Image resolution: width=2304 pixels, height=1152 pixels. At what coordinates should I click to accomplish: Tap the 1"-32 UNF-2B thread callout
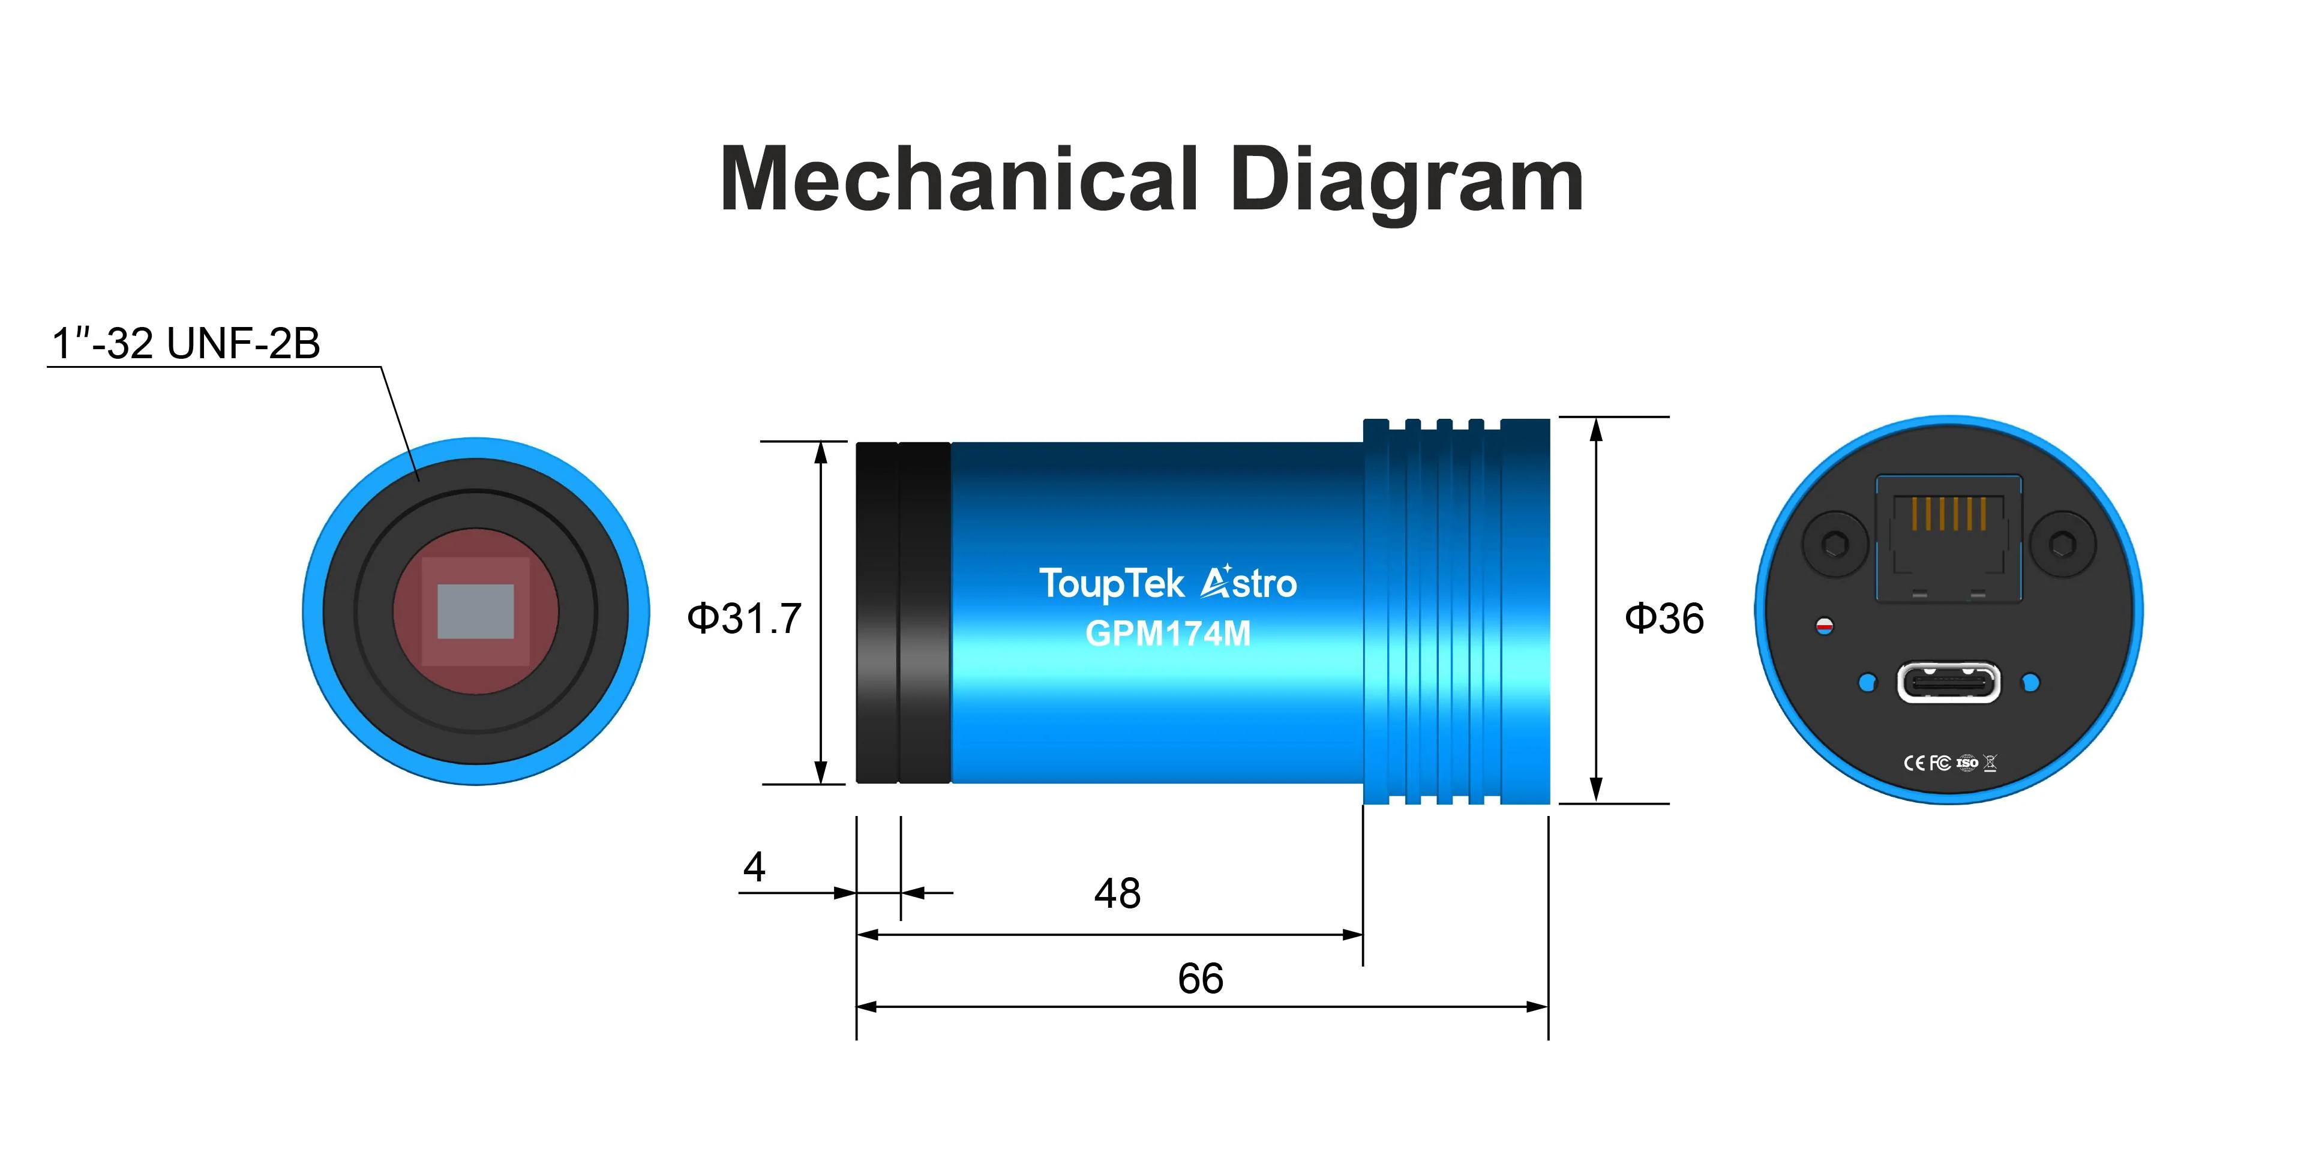point(186,343)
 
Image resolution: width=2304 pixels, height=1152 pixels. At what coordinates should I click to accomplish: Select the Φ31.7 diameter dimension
point(744,618)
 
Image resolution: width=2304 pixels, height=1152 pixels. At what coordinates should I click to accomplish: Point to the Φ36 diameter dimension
point(1664,618)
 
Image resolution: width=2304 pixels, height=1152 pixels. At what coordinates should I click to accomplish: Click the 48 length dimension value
point(1117,893)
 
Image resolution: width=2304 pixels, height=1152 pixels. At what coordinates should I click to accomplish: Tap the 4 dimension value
point(754,866)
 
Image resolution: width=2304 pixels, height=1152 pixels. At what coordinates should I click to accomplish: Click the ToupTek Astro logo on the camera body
point(1167,583)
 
